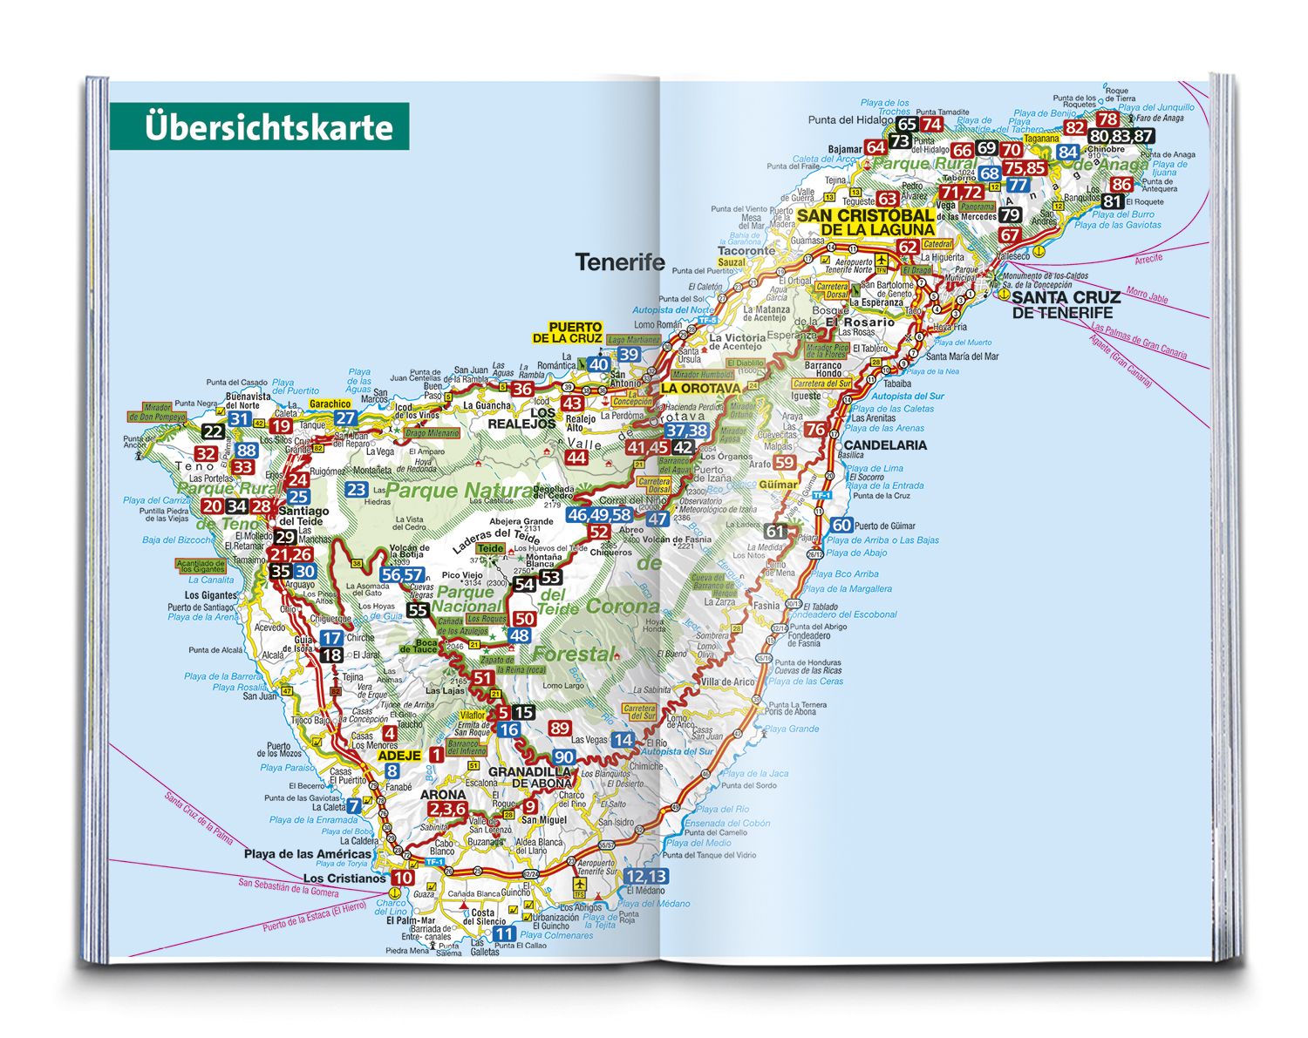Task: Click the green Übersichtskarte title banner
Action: [259, 126]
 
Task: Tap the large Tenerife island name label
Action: [620, 262]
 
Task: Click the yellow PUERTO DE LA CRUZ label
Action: [567, 332]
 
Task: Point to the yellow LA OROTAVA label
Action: [700, 388]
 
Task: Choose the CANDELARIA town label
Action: [885, 444]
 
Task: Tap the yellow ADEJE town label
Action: [399, 756]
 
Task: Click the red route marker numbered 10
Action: [402, 878]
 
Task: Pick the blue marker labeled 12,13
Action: [646, 876]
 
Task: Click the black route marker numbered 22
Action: [214, 431]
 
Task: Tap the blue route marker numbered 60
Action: [841, 525]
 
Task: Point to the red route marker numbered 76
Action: [815, 429]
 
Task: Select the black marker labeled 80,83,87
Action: [1121, 136]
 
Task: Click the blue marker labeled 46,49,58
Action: [599, 514]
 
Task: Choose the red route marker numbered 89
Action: [560, 728]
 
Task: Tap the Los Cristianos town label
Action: [344, 879]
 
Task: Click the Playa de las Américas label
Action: [307, 854]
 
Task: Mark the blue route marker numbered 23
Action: [356, 490]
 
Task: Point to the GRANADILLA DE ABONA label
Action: [529, 777]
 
